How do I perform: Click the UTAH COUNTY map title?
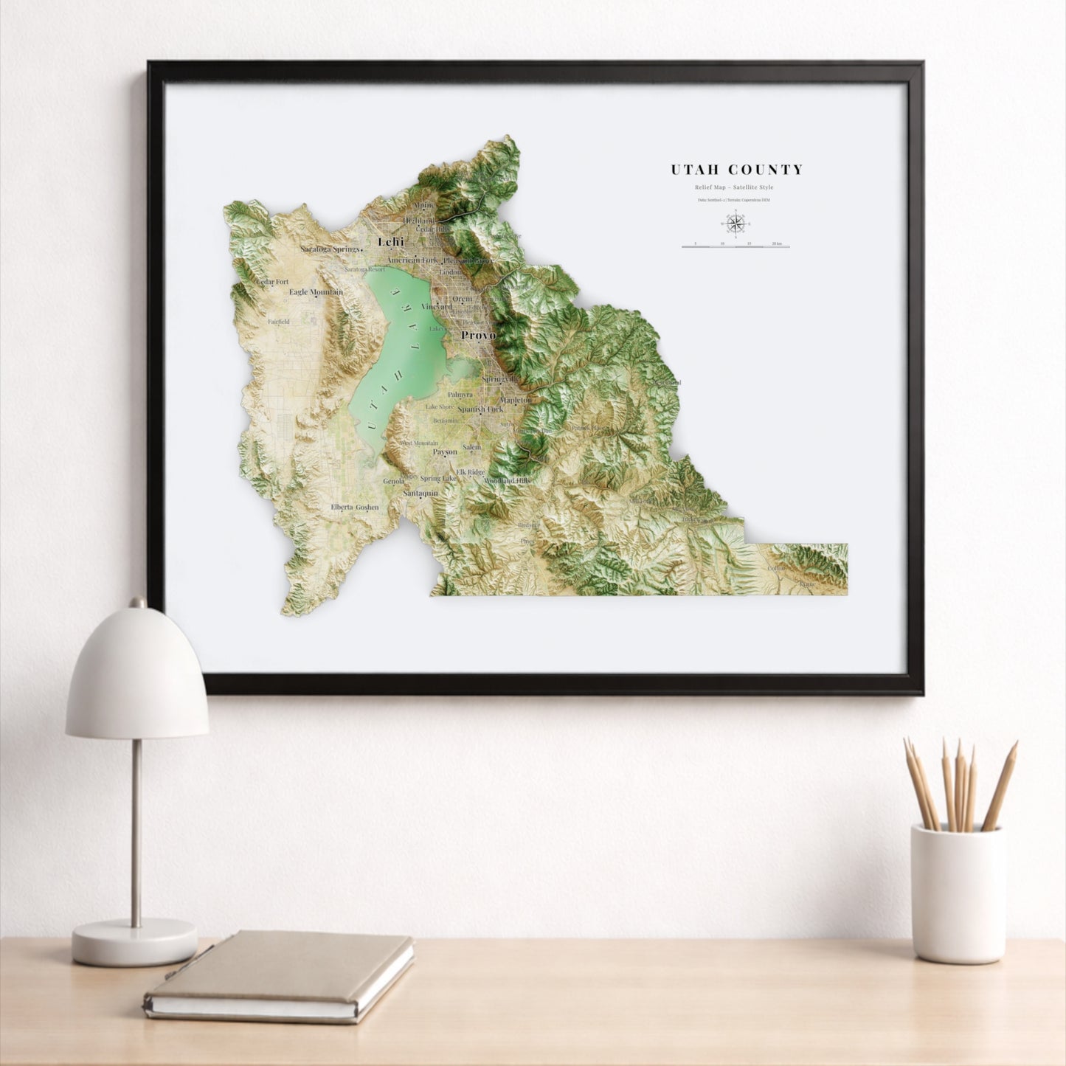coord(736,170)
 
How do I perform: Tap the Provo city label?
coord(478,335)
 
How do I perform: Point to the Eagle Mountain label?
coord(316,292)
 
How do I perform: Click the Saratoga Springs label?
coord(330,249)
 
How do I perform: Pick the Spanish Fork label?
coord(480,409)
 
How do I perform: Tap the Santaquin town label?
coord(420,493)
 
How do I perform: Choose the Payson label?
coord(445,451)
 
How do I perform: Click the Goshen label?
coord(367,507)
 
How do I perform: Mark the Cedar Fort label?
coord(272,282)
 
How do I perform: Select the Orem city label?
coord(463,299)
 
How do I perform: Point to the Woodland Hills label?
coord(507,480)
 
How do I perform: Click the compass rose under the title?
coord(735,222)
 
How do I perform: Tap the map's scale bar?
coord(735,246)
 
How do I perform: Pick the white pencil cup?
coord(957,893)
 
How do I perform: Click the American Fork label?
coord(413,260)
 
